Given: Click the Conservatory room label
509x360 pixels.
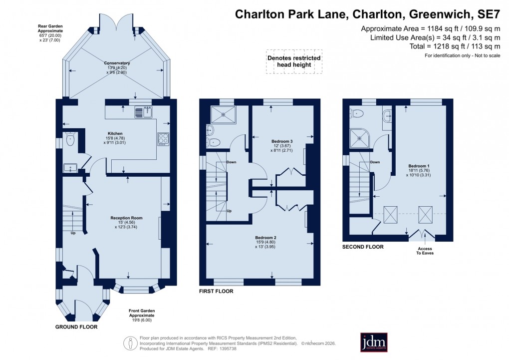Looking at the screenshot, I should pos(117,67).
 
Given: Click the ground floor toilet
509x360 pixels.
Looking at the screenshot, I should pos(70,140).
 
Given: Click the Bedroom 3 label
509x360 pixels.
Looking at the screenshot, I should pos(282,145).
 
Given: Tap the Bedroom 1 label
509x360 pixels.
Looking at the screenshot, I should pos(418,169).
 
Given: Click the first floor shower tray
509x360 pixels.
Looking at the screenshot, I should pos(223,114).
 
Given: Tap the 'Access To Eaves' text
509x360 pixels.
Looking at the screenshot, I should pos(425,251).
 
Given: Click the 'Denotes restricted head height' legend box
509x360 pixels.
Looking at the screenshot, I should pos(294,62).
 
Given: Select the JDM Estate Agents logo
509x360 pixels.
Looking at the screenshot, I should pos(374,342).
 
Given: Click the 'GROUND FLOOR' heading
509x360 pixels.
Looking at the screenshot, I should pos(76,327).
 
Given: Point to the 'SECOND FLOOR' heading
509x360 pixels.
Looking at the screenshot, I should pos(363,247).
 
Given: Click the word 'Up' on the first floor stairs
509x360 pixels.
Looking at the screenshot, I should pos(229,211).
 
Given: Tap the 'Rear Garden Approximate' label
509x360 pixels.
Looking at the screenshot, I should pos(52,31).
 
